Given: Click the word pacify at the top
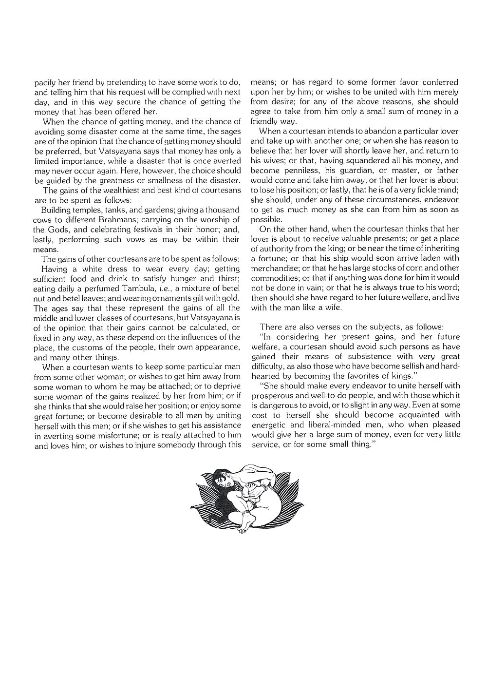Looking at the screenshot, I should (x=45, y=82).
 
